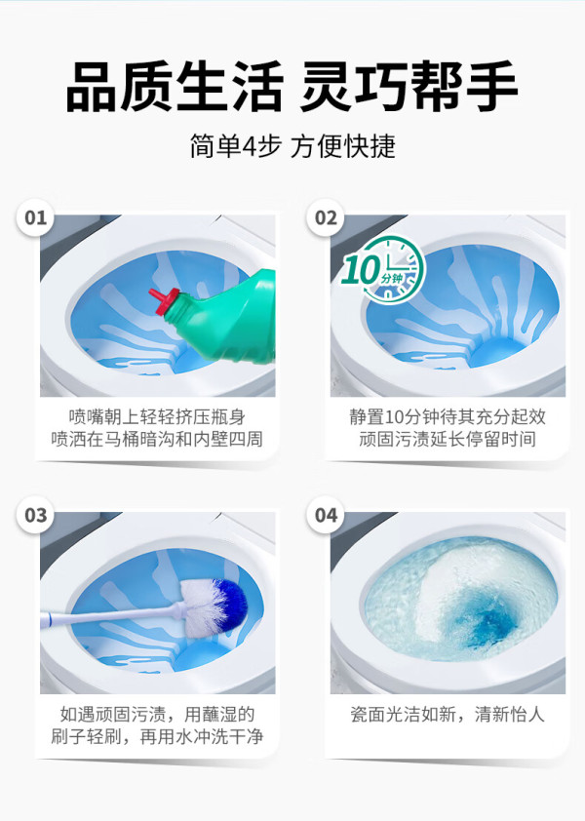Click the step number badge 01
[36, 217]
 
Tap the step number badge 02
[326, 217]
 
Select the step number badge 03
[36, 515]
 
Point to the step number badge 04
[326, 515]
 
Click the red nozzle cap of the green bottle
[164, 301]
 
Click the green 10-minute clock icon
[383, 271]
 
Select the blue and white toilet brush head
[214, 606]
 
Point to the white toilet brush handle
[112, 616]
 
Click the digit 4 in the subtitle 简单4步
[249, 146]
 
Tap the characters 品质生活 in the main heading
[175, 86]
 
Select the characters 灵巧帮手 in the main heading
[409, 86]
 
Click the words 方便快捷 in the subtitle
[343, 146]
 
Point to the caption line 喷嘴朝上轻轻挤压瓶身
[157, 416]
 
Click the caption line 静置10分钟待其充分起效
[448, 416]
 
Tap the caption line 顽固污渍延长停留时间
[448, 439]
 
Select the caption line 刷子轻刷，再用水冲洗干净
[157, 737]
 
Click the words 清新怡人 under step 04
[510, 714]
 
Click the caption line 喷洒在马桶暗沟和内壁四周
[157, 439]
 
